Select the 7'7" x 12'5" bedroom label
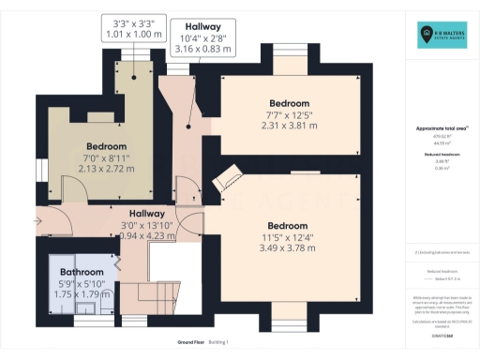[x=290, y=114]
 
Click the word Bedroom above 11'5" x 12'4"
[x=287, y=226]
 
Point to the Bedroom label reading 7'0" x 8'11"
[x=106, y=147]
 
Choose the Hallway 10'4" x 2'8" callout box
[x=202, y=36]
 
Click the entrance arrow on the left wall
[x=38, y=221]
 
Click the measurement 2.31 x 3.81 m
[x=290, y=126]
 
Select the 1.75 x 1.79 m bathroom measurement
[x=76, y=293]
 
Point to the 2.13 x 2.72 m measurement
[x=106, y=170]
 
